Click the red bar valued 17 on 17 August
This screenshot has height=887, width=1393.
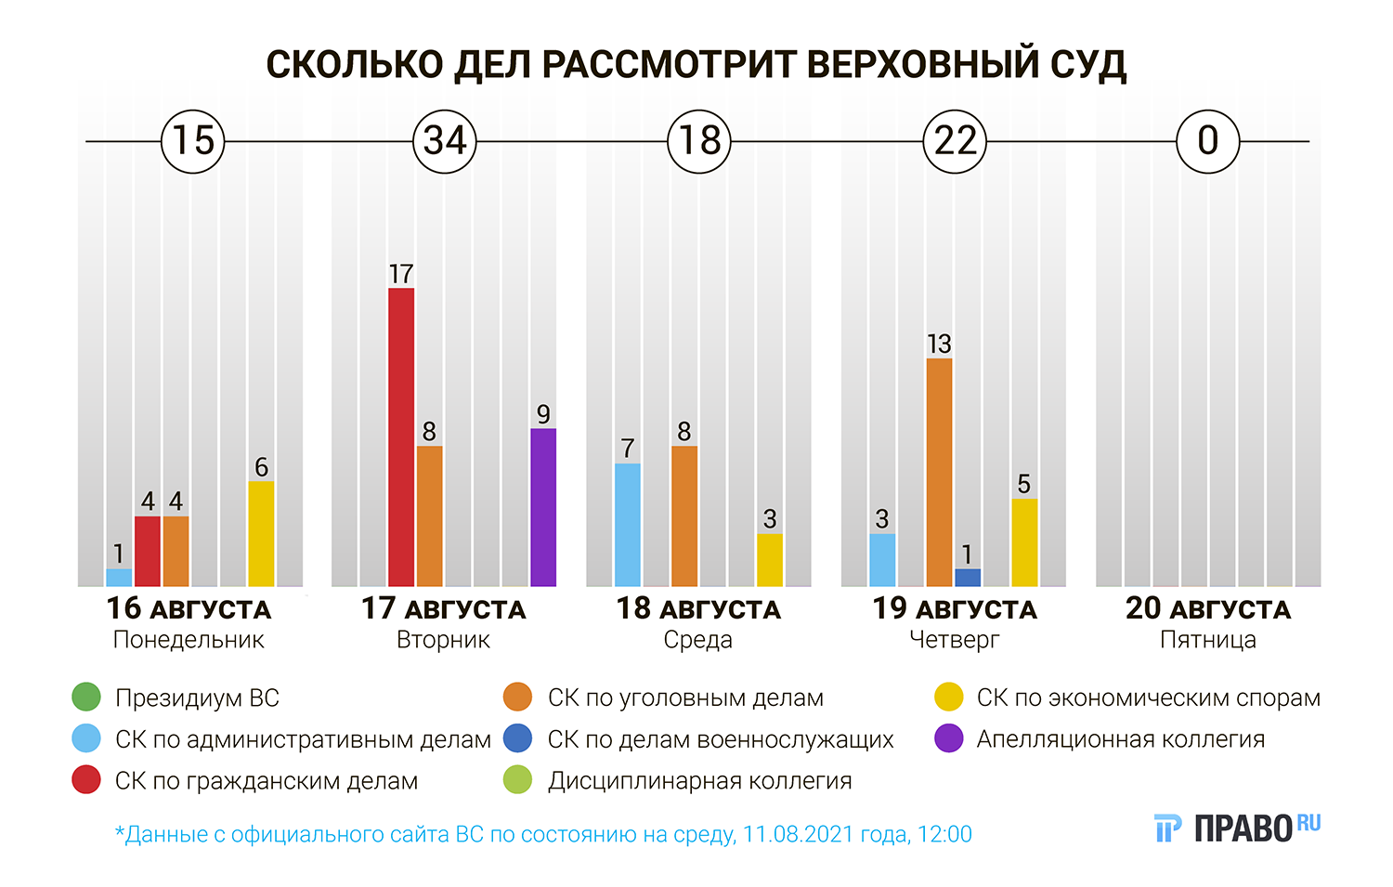[x=401, y=437]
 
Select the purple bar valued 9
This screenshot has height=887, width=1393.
[x=543, y=507]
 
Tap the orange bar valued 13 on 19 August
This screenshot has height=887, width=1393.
[x=939, y=472]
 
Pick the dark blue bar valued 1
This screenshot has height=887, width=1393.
[x=968, y=578]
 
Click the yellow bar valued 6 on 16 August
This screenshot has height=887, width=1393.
[x=261, y=533]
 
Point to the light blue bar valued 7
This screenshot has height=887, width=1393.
[x=628, y=525]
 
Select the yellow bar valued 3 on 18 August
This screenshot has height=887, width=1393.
[x=770, y=560]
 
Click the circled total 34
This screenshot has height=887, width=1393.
[x=445, y=141]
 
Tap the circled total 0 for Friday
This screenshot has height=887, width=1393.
[x=1207, y=141]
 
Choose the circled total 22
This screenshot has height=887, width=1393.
[x=955, y=141]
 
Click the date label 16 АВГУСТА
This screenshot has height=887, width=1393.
[x=189, y=609]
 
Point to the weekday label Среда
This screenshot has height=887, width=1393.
[x=697, y=640]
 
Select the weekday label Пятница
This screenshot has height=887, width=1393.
[x=1207, y=640]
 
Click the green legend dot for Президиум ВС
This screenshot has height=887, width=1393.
[x=86, y=698]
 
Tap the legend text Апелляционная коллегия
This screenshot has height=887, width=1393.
[x=1120, y=739]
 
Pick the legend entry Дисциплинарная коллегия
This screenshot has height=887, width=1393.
[x=699, y=781]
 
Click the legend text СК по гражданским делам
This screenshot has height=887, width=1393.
[x=267, y=781]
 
